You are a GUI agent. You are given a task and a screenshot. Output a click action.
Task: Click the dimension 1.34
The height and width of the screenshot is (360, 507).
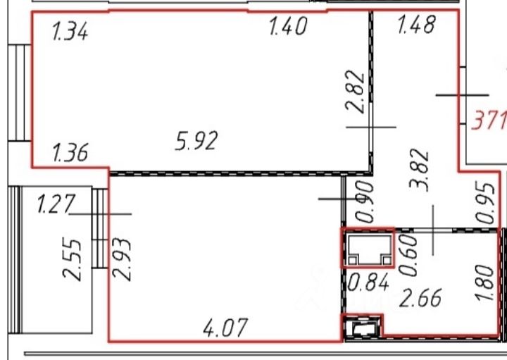pos(70,32)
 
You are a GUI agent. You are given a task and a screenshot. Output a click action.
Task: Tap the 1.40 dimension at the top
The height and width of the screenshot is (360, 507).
pos(288,26)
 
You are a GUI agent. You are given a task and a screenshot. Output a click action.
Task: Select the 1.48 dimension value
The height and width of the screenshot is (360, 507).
pos(416,24)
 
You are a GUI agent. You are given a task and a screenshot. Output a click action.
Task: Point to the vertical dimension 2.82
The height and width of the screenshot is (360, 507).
pos(356,91)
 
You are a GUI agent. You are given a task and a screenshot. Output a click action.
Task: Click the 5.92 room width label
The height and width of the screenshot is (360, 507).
pos(196,141)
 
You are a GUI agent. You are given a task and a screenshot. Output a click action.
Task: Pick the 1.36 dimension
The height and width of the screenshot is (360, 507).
pos(70,153)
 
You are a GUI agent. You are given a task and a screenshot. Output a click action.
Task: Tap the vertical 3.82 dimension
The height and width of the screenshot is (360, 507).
pos(419,170)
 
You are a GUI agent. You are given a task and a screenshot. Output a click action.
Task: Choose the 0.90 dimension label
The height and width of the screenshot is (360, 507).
pos(365,201)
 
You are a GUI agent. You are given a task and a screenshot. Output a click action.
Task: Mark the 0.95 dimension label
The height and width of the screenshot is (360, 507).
pos(486,204)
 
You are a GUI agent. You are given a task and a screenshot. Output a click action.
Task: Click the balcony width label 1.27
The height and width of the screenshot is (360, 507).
pos(56,204)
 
